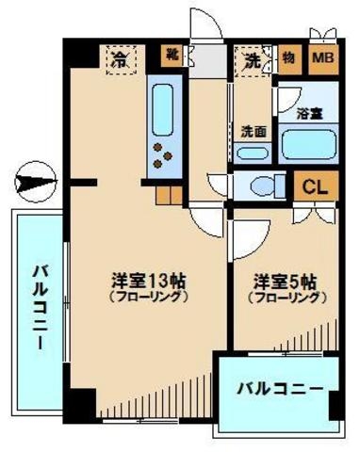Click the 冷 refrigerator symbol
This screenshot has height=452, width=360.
point(120,59)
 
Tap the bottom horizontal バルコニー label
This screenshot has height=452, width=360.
point(279,387)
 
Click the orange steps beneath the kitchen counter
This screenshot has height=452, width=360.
point(169,196)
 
